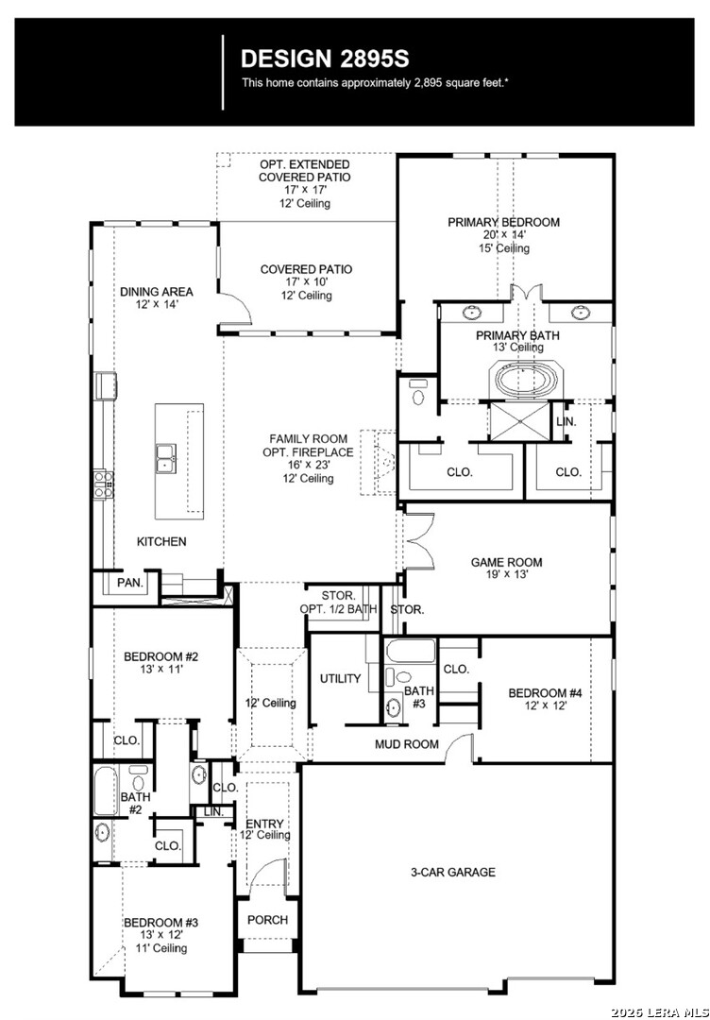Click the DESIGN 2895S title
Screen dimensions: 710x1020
[325, 59]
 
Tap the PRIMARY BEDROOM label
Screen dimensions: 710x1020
[503, 223]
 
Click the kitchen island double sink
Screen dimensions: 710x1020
[166, 458]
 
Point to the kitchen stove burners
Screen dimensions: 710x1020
[103, 484]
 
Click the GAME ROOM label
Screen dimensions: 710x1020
[506, 563]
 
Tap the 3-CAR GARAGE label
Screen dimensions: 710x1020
[452, 873]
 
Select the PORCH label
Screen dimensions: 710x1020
[267, 920]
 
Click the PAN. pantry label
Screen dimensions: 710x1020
[130, 583]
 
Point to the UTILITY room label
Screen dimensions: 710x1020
[340, 678]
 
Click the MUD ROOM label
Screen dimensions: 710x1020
[406, 744]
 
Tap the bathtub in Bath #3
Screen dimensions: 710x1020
[410, 652]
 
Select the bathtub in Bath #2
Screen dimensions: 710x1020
[105, 791]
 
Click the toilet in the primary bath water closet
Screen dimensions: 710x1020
[417, 394]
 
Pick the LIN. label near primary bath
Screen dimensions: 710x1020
[566, 421]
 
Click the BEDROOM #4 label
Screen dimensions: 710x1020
[545, 693]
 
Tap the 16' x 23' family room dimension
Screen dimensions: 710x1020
[309, 465]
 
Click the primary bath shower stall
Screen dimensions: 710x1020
[519, 423]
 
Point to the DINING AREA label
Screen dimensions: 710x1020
[157, 292]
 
